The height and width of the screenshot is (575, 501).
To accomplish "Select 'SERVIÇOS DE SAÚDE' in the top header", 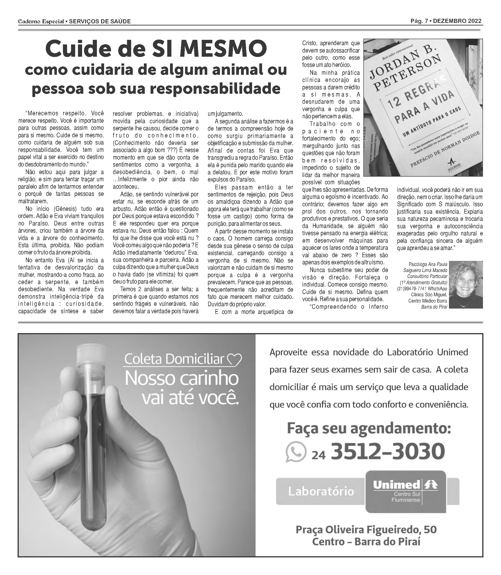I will click(x=100, y=22).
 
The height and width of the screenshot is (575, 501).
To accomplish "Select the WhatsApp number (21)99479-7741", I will click(x=411, y=289).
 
